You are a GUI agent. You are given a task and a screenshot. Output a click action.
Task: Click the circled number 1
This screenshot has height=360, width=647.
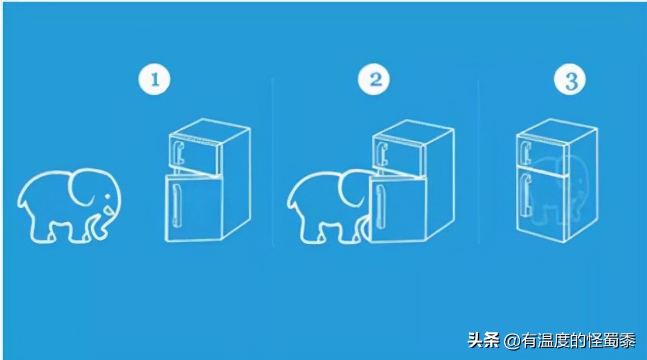(154, 79)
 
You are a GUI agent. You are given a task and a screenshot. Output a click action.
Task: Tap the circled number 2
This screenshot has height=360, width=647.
(374, 79)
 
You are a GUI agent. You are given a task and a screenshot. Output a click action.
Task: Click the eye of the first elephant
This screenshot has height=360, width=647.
(108, 196)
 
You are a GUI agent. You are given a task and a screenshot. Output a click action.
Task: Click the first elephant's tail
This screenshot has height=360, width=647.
(20, 199)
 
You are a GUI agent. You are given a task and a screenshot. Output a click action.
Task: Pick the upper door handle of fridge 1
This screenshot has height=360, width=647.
(179, 152)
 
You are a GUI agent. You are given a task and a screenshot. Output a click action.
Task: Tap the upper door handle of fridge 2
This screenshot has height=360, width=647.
(383, 154)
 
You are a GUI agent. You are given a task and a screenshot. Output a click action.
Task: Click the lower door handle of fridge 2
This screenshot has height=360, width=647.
(379, 206)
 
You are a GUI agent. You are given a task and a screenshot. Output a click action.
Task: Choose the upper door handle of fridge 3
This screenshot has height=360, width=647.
(525, 152)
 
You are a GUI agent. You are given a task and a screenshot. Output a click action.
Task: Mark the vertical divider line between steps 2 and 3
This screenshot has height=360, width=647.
(479, 161)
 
